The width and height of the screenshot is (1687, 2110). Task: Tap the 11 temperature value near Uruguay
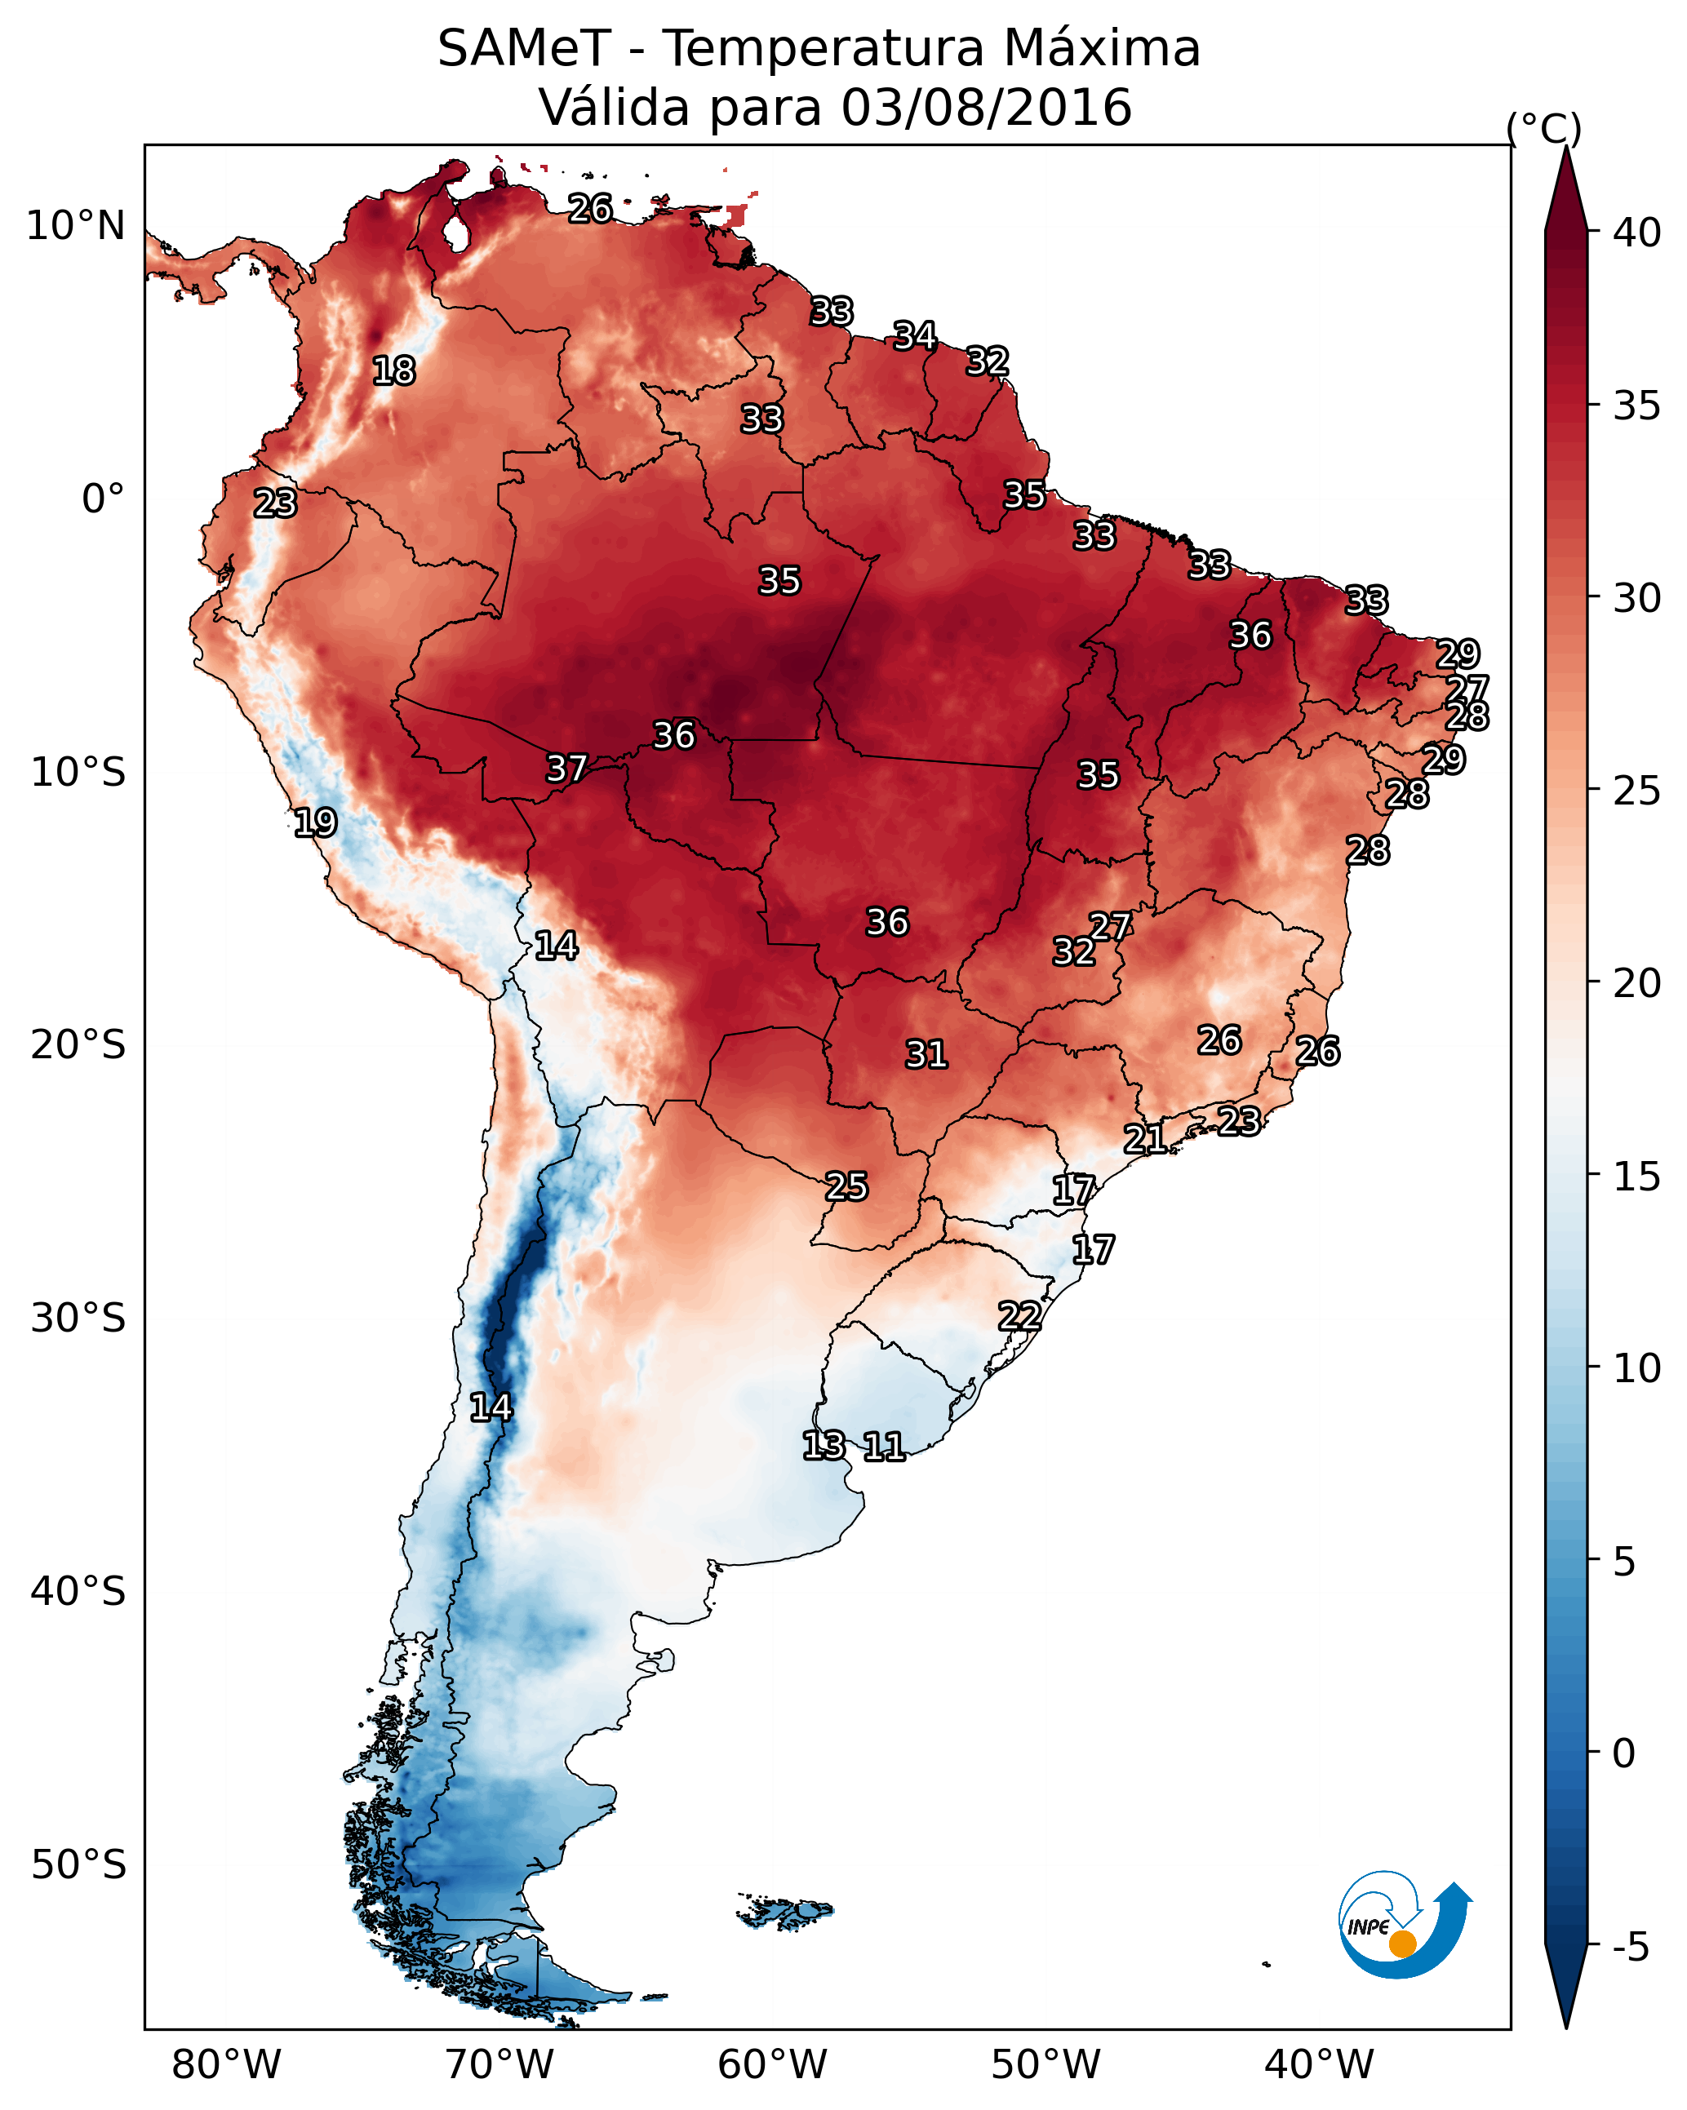point(883,1446)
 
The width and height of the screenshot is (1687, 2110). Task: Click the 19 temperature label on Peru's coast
point(315,822)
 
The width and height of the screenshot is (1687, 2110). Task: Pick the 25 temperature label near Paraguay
point(846,1186)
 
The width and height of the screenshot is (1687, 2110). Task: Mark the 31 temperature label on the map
point(926,1054)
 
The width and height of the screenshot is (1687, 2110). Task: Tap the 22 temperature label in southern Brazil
point(1019,1315)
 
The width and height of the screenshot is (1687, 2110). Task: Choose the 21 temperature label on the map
point(1143,1138)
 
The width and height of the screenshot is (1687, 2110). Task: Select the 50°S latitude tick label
point(78,1865)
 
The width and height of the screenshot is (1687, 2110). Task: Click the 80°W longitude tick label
point(226,2064)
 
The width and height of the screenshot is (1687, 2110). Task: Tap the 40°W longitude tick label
point(1319,2064)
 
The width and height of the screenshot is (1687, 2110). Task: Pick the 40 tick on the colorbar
point(1637,233)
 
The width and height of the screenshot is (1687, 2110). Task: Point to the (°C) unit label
point(1543,128)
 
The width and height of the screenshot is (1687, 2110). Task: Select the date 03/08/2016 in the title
point(986,107)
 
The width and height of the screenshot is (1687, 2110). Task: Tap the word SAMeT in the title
point(524,48)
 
